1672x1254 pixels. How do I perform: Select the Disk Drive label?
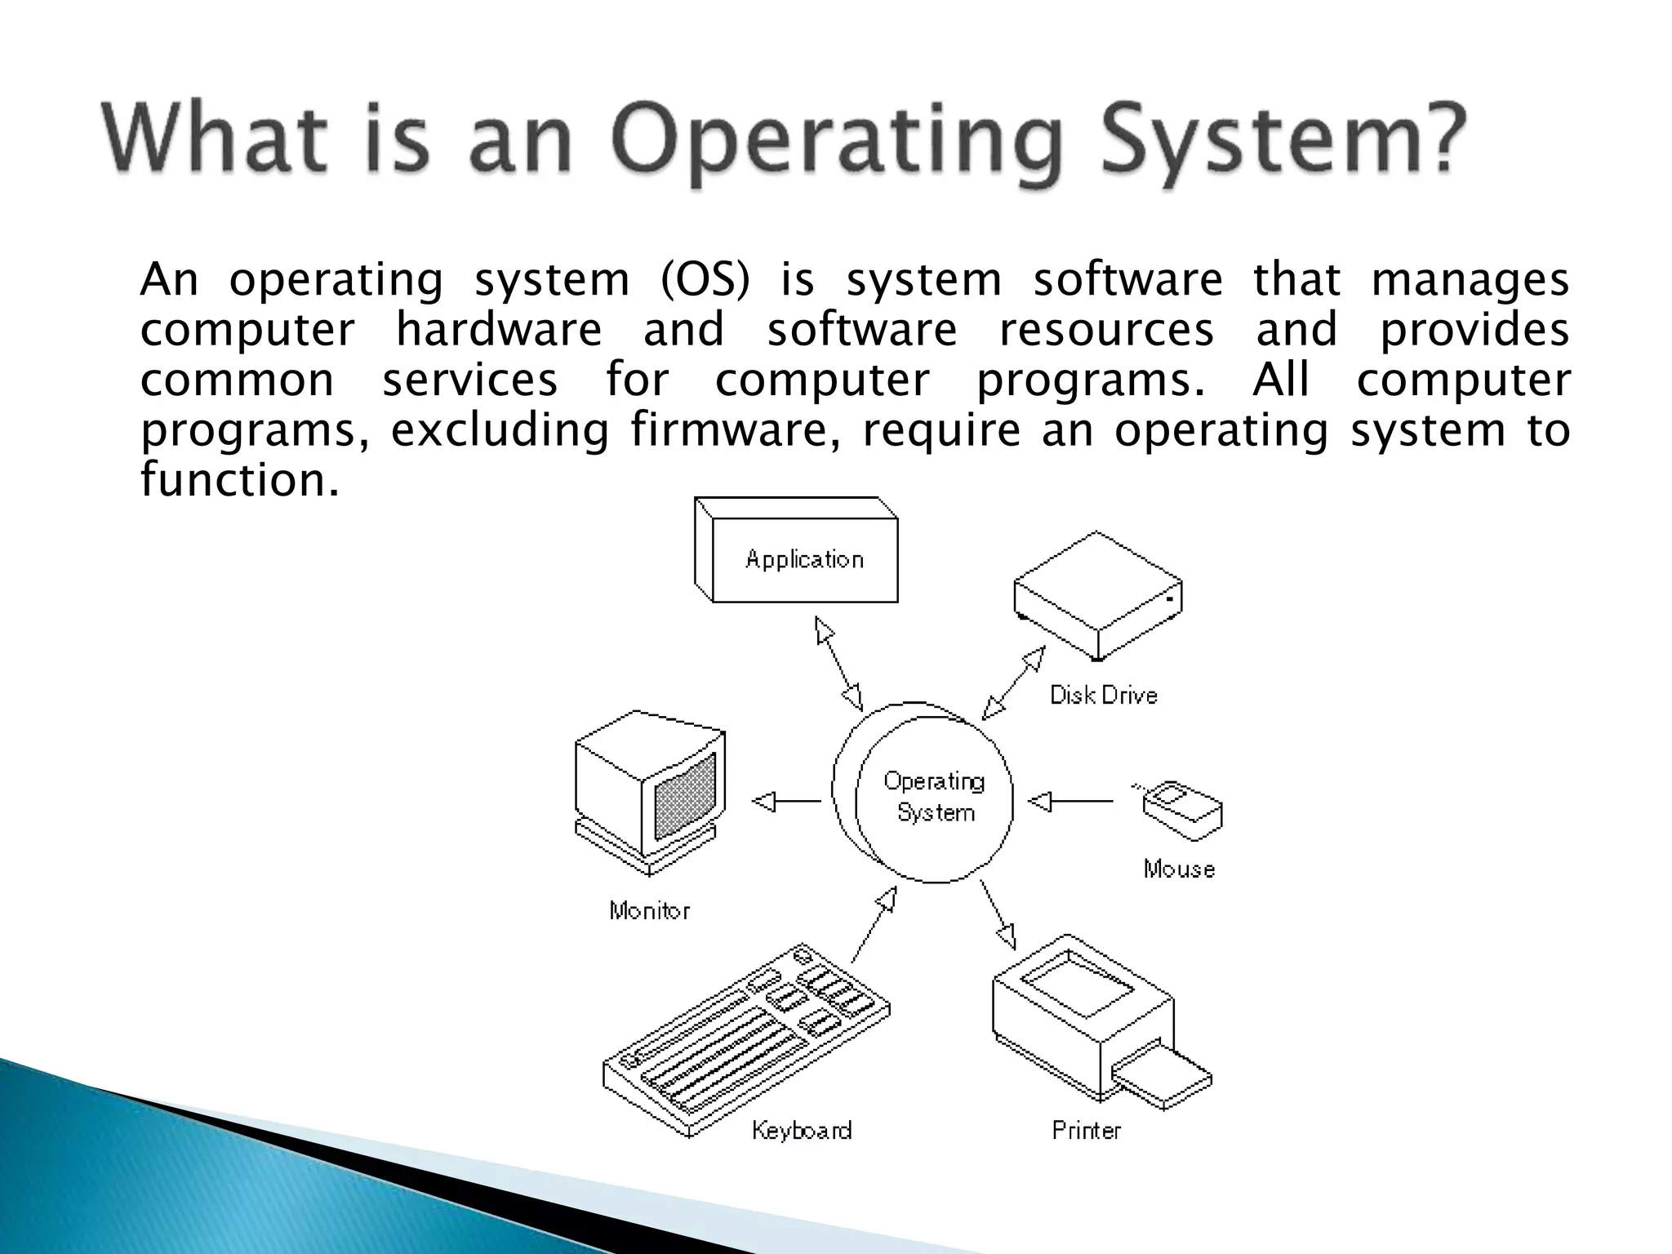click(x=1103, y=696)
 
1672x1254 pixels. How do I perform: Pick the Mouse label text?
click(x=1179, y=869)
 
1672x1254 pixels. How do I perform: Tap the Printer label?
click(x=1086, y=1131)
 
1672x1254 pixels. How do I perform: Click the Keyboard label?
click(x=802, y=1131)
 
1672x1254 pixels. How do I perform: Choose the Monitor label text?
click(x=650, y=911)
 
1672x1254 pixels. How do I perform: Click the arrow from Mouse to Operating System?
click(x=1069, y=802)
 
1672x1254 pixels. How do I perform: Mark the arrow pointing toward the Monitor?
click(x=786, y=802)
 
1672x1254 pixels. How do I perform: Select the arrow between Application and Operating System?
click(x=838, y=663)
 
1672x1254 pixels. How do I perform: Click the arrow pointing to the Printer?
click(x=998, y=914)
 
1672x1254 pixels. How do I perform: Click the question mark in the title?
click(x=1434, y=139)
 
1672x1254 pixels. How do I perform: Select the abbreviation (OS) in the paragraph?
click(x=704, y=280)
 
